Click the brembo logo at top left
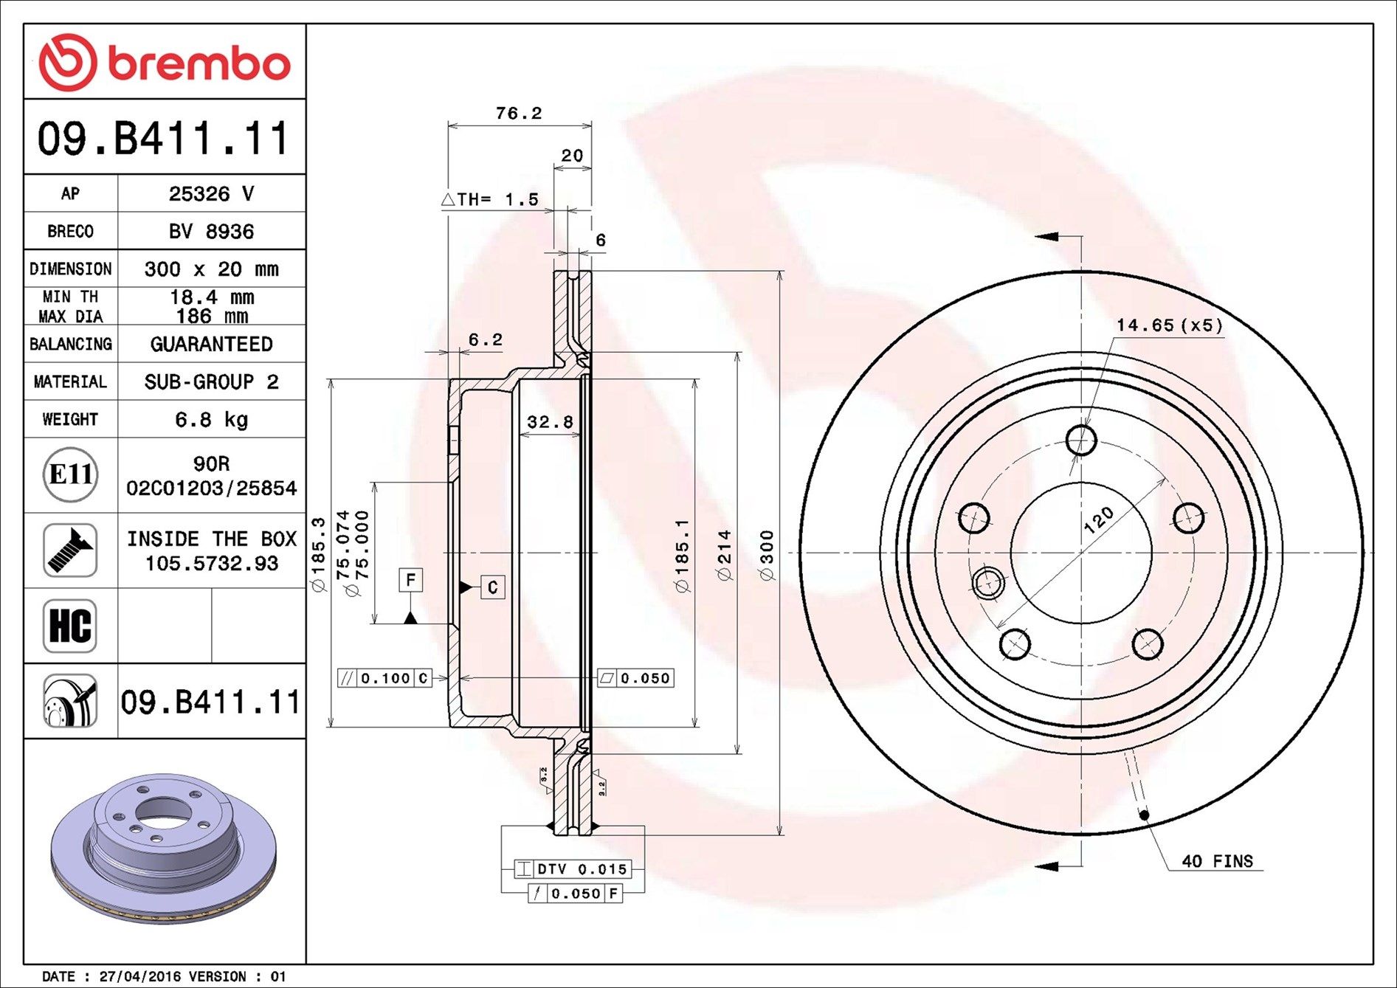point(164,62)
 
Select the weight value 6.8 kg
point(211,419)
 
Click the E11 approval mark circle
point(70,474)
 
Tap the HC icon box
point(70,626)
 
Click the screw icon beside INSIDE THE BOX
point(70,550)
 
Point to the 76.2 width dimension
point(518,113)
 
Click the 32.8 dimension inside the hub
point(550,422)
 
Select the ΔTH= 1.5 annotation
point(490,199)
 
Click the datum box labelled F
point(410,580)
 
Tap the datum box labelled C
point(492,587)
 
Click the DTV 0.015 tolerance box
point(573,869)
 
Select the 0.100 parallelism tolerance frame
point(384,677)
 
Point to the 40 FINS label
point(1217,861)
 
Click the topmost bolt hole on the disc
point(1081,441)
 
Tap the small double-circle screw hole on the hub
point(987,583)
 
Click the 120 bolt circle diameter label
point(1099,519)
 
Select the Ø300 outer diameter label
point(768,555)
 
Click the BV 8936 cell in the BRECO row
point(211,231)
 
